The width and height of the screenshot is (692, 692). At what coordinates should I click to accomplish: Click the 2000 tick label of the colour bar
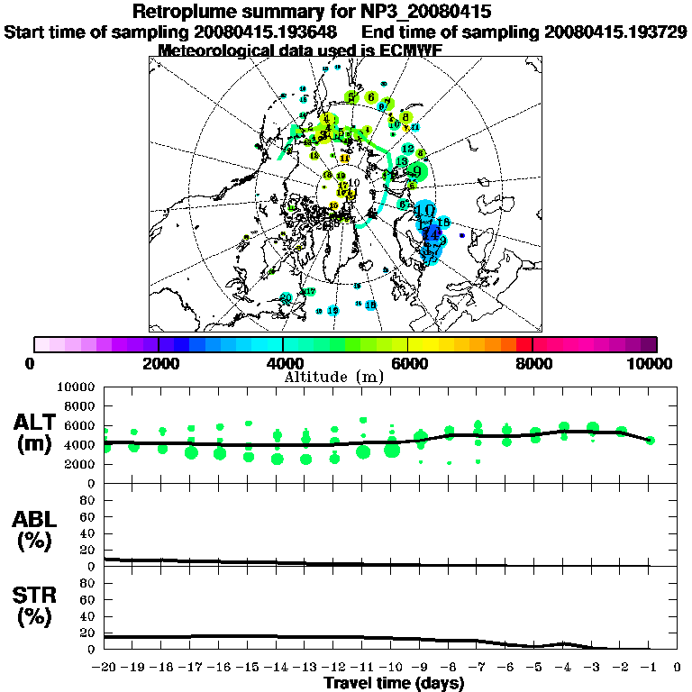[159, 364]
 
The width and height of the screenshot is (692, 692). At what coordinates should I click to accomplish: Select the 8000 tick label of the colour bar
[533, 364]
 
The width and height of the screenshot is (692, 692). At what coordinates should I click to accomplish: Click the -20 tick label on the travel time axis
[104, 669]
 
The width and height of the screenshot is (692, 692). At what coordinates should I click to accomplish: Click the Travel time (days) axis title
[394, 684]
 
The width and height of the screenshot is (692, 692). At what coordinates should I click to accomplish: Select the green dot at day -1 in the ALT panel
[651, 441]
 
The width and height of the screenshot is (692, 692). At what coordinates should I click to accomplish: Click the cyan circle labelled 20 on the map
[286, 297]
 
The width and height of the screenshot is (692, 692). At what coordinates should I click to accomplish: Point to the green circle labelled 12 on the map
[407, 148]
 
